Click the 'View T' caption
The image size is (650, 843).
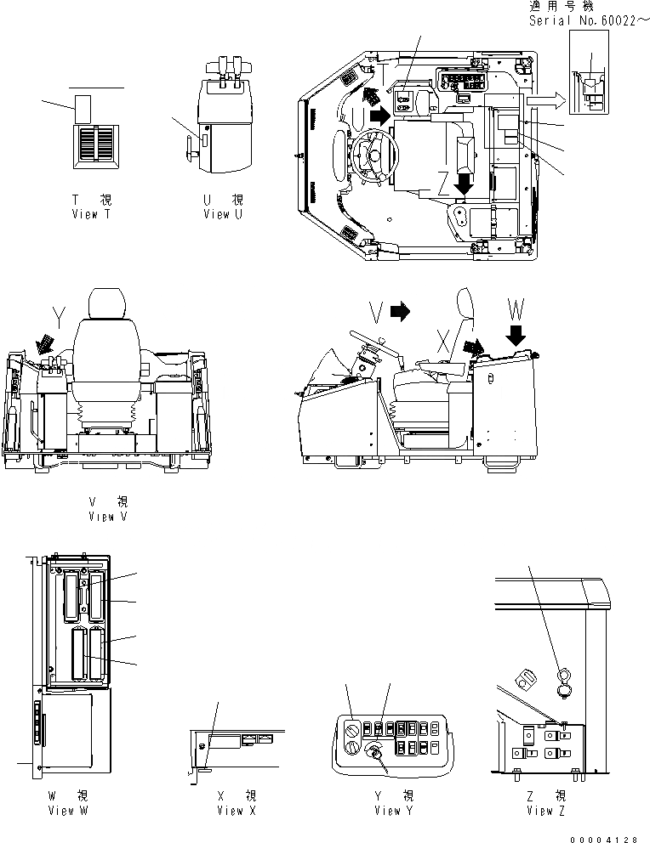[92, 215]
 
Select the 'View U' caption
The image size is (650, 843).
[223, 215]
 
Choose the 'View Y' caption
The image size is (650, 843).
[394, 810]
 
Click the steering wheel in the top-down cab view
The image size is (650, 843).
[372, 158]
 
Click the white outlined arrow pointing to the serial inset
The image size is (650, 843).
[543, 101]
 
